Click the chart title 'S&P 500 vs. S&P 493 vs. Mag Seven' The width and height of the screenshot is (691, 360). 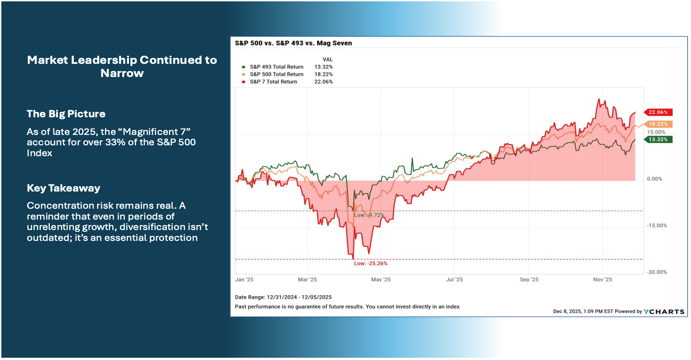293,43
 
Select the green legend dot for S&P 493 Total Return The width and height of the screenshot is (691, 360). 243,67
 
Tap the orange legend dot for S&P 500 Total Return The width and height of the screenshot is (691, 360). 243,74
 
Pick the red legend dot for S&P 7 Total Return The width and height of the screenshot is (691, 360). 243,82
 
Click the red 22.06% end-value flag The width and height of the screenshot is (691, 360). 658,112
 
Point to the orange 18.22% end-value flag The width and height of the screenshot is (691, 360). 658,124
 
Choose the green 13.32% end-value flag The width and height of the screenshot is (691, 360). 658,139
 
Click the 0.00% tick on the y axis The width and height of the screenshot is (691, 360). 655,179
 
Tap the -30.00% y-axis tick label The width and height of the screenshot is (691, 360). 657,272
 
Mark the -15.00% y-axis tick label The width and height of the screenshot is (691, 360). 657,226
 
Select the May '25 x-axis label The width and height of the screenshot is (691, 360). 381,280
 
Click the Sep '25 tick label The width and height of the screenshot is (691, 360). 529,280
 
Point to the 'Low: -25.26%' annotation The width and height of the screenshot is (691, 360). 371,264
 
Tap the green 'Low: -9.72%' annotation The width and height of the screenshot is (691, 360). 369,215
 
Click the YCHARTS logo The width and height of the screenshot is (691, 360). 664,312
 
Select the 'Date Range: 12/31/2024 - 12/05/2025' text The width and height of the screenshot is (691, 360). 283,298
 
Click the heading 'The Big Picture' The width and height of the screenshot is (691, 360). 66,114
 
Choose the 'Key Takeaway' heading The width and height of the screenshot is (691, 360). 63,188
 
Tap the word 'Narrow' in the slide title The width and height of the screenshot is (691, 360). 122,73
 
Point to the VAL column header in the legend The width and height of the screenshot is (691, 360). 328,60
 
